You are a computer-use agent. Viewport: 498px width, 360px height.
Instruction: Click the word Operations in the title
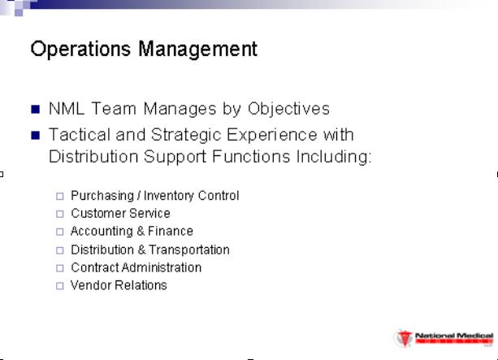[x=80, y=49]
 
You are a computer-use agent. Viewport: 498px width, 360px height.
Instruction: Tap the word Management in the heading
[x=198, y=50]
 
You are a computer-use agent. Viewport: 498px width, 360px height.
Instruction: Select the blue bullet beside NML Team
[x=36, y=110]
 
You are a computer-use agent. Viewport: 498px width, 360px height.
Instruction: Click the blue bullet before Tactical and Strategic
[x=36, y=136]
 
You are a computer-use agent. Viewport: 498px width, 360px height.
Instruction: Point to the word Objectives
[x=288, y=110]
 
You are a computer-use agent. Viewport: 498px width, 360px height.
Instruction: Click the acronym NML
[x=67, y=109]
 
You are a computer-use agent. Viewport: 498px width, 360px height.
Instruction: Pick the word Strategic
[x=186, y=136]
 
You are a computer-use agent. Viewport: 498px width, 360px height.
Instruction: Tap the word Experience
[x=272, y=136]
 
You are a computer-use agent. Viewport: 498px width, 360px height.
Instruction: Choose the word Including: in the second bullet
[x=333, y=157]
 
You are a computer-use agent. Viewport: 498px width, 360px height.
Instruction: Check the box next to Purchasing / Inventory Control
[x=59, y=196]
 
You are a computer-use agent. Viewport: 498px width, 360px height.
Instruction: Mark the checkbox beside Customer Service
[x=59, y=214]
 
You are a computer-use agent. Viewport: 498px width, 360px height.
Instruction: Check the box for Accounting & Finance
[x=59, y=232]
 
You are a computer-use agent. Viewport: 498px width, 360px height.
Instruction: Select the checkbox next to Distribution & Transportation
[x=59, y=250]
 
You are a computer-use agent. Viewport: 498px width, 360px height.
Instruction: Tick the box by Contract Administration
[x=59, y=268]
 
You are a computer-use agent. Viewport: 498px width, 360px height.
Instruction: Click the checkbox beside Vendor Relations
[x=59, y=286]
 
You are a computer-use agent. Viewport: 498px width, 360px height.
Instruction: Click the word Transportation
[x=189, y=250]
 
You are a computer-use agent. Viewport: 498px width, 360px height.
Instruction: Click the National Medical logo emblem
[x=405, y=339]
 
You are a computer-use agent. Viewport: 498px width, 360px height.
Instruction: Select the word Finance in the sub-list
[x=171, y=231]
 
